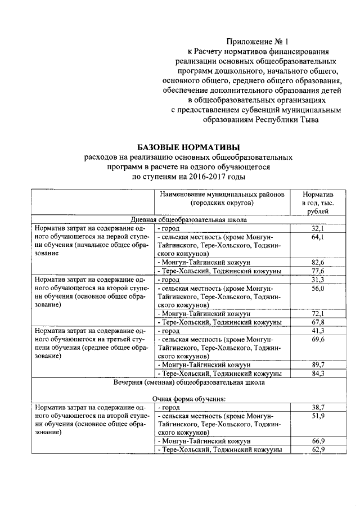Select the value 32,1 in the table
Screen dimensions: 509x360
pos(318,229)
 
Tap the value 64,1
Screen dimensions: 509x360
pos(318,237)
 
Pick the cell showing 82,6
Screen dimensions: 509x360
pos(318,263)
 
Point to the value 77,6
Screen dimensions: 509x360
pos(318,271)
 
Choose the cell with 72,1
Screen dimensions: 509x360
pos(318,313)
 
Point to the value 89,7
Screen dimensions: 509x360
pos(318,364)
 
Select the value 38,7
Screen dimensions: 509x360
pos(318,407)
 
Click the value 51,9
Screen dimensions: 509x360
pos(318,415)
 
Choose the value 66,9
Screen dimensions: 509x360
pos(318,441)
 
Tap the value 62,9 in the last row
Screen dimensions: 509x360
pos(318,449)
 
